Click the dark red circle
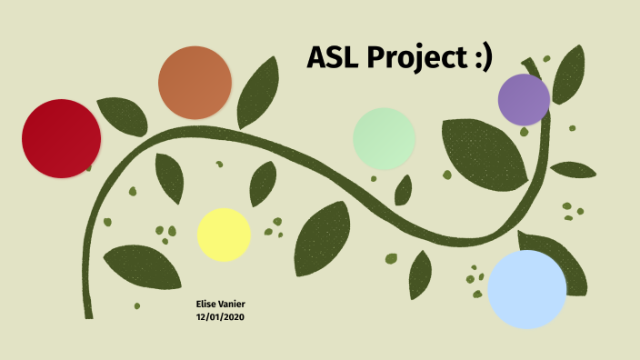pyautogui.click(x=61, y=138)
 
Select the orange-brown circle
pyautogui.click(x=195, y=83)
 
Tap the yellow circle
pyautogui.click(x=224, y=234)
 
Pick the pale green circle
pyautogui.click(x=384, y=138)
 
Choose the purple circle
pyautogui.click(x=525, y=99)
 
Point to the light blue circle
pyautogui.click(x=527, y=289)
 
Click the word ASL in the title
pyautogui.click(x=332, y=58)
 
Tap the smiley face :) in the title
pyautogui.click(x=480, y=58)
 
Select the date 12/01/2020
pyautogui.click(x=221, y=317)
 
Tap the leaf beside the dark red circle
pyautogui.click(x=123, y=115)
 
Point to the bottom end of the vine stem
pyautogui.click(x=89, y=314)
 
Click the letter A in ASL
pyautogui.click(x=318, y=58)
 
